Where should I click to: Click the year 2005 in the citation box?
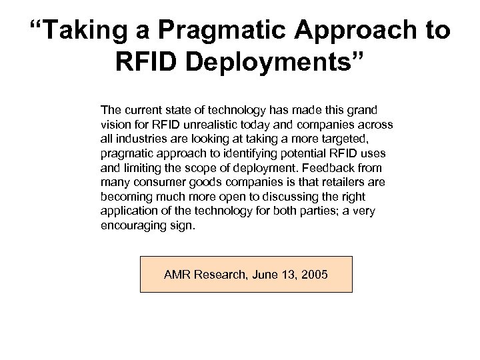(314, 273)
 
